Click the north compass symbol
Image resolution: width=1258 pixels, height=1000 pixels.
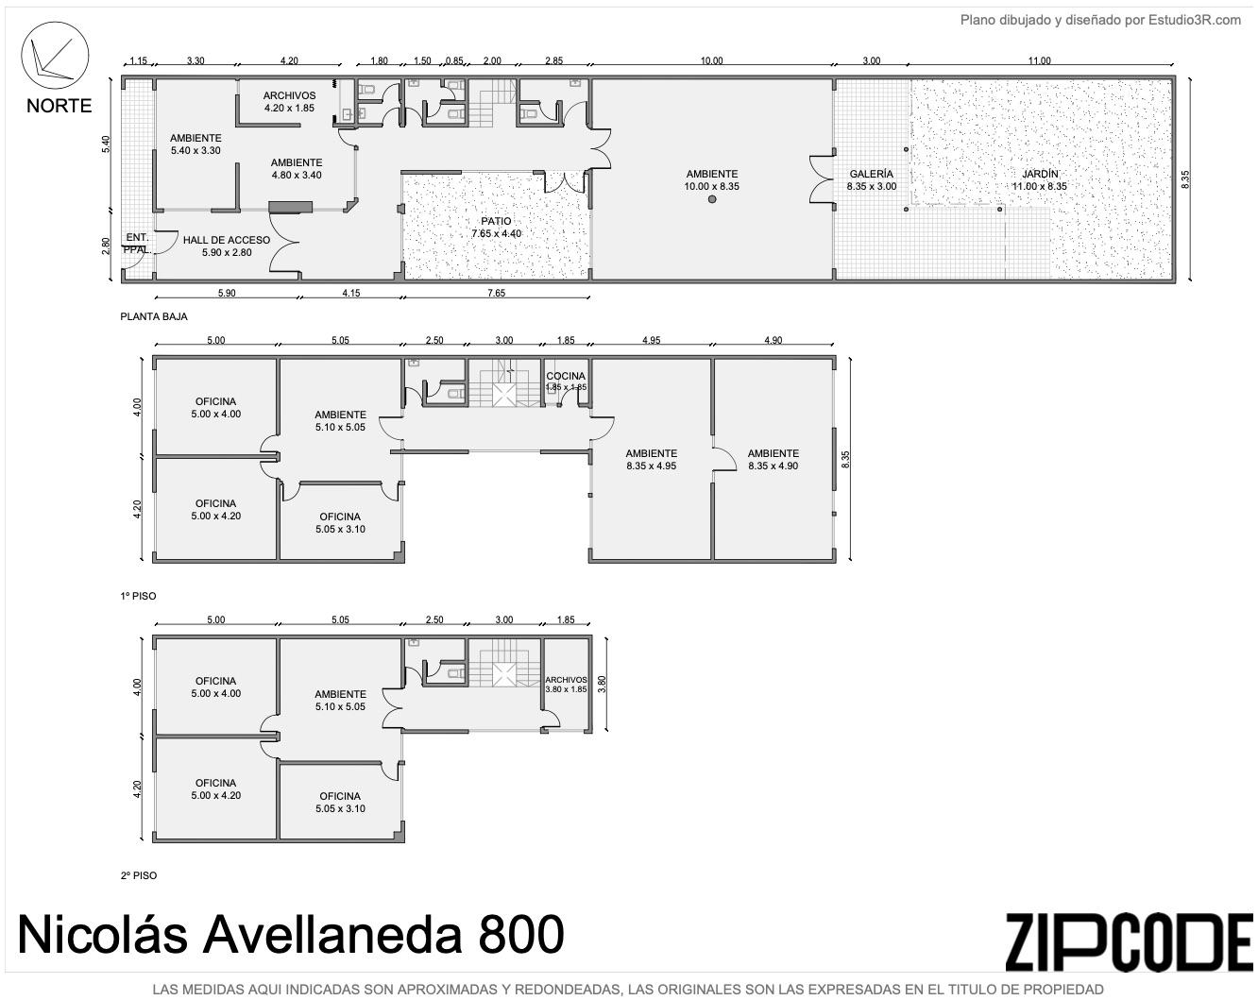55,57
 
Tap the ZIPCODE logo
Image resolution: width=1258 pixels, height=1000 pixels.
1130,942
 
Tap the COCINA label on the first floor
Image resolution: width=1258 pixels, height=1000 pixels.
566,376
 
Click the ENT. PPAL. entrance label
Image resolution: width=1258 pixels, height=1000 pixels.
137,243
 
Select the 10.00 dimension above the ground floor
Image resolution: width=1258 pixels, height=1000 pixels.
711,60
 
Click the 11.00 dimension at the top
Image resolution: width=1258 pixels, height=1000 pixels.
1040,60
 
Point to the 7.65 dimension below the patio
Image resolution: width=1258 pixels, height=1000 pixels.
496,293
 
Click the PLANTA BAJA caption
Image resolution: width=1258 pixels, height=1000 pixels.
154,316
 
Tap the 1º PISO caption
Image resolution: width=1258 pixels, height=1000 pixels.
139,596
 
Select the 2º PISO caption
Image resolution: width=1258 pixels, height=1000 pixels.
139,875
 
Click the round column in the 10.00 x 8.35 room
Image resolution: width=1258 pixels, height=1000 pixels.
712,199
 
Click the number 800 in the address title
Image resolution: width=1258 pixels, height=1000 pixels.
521,935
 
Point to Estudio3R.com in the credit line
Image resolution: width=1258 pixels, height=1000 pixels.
1195,21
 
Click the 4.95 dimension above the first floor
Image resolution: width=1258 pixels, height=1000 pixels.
652,340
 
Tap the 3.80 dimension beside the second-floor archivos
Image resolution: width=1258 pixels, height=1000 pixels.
603,684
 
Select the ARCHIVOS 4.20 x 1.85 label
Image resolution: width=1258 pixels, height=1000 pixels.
289,102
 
